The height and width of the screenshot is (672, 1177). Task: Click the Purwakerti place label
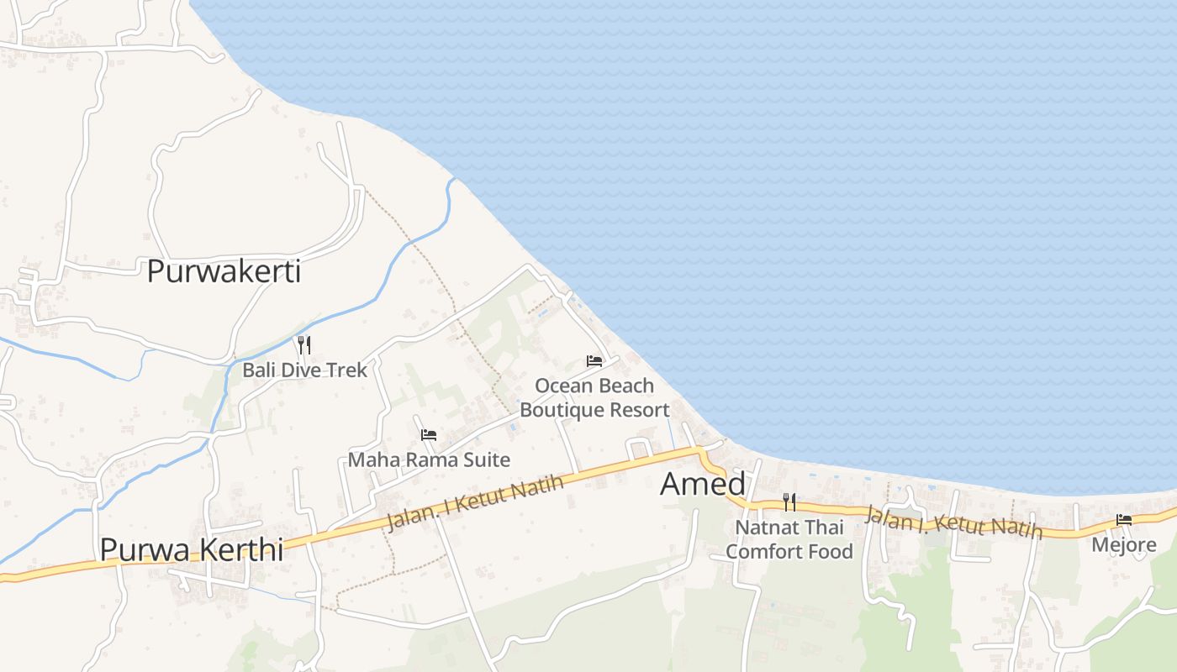point(224,271)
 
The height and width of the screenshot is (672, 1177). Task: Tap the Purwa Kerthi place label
point(191,549)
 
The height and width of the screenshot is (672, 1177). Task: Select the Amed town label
point(703,484)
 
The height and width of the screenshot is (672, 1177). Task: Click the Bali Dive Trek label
point(304,370)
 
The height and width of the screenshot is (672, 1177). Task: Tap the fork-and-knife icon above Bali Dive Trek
point(304,344)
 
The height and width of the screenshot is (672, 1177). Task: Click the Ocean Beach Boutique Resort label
point(594,397)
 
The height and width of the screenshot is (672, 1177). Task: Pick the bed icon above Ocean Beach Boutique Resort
point(594,361)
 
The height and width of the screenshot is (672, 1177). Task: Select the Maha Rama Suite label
point(429,459)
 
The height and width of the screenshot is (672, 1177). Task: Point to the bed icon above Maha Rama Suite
point(429,435)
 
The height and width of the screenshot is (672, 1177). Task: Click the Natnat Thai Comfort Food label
point(789,539)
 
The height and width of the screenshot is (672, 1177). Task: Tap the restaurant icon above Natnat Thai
point(789,502)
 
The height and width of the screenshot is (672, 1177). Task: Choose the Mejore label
point(1124,545)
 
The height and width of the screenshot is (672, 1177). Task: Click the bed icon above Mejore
point(1124,520)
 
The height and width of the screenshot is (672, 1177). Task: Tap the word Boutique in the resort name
point(562,410)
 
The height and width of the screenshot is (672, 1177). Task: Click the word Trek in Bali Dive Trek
point(347,370)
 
